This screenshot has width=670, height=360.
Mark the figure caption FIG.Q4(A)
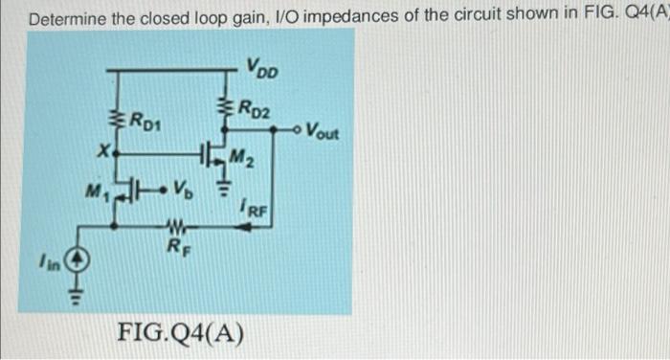point(179,334)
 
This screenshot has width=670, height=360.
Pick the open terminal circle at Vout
point(295,129)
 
